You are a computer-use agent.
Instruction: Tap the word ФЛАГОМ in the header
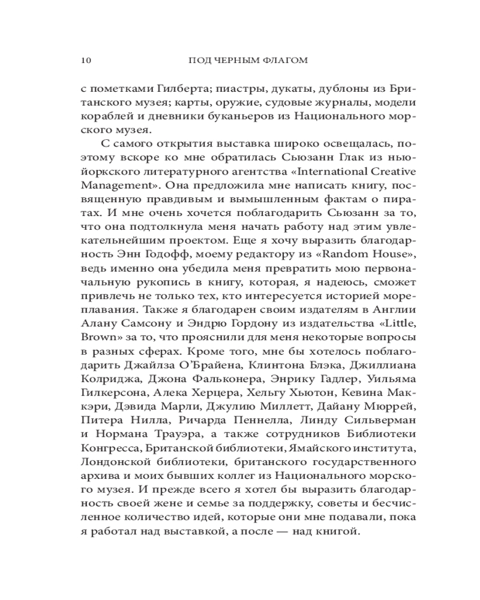[x=287, y=60]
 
